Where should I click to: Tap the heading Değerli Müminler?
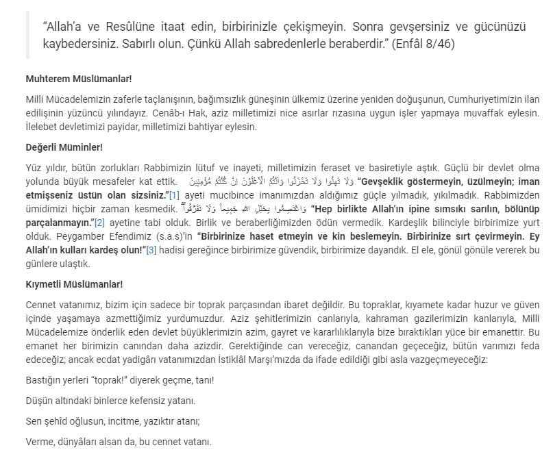pyautogui.click(x=64, y=147)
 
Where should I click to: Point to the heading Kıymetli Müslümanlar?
pyautogui.click(x=74, y=284)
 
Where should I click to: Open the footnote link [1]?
pyautogui.click(x=174, y=195)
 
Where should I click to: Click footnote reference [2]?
pyautogui.click(x=99, y=223)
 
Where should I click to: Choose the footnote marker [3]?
pyautogui.click(x=151, y=250)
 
